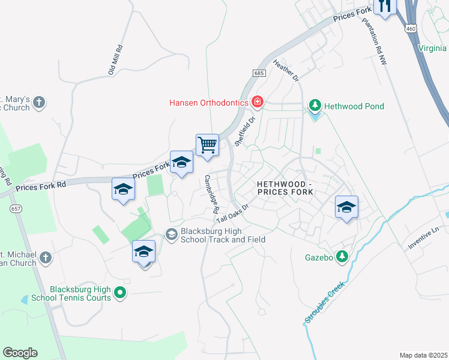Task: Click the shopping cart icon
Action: coord(207,145)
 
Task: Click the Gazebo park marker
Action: coord(342,257)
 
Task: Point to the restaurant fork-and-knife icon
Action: coord(384,6)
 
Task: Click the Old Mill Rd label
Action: coord(115,59)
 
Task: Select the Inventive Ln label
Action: coord(424,238)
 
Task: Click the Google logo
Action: coord(20,353)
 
